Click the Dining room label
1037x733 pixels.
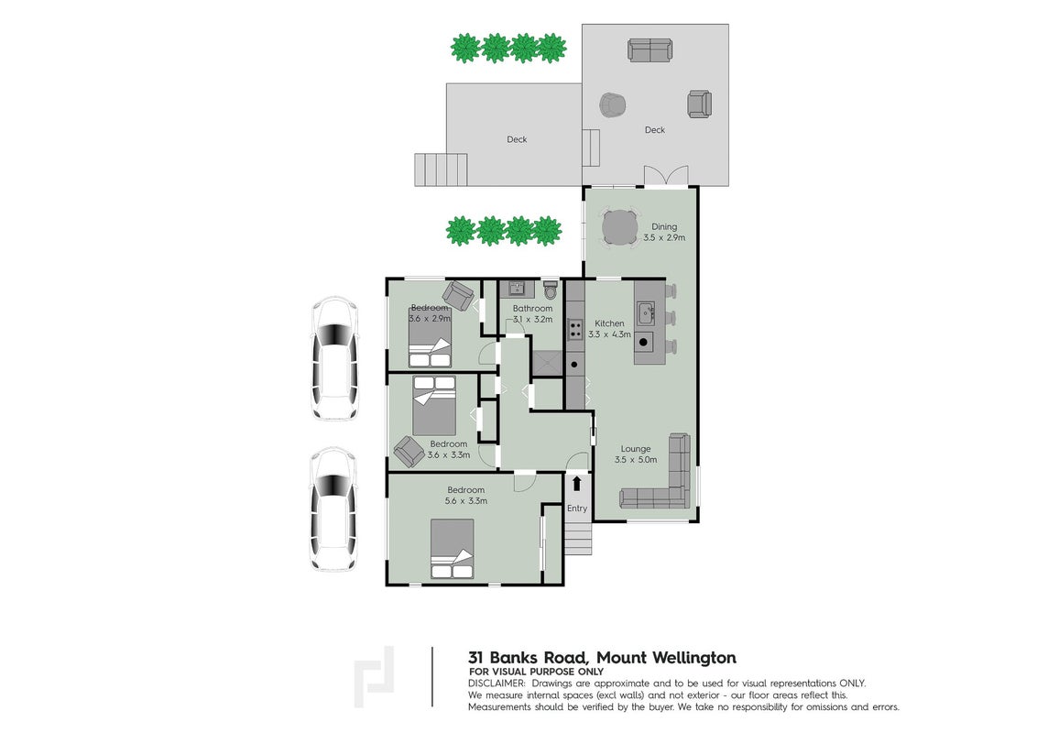coord(664,226)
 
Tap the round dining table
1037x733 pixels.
coord(620,227)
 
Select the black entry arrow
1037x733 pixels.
coord(577,483)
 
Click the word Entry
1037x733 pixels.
coord(577,509)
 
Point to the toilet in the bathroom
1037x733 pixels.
coord(550,290)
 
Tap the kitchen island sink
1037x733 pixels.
coord(646,312)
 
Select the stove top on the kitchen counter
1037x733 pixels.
coord(574,329)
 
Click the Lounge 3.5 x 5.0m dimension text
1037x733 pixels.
coord(636,459)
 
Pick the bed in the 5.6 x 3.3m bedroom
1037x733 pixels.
coord(453,549)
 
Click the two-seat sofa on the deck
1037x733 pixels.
coord(650,50)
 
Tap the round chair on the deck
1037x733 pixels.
coord(613,104)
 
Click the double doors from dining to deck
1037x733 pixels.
coord(667,176)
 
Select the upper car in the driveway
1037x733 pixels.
coord(335,359)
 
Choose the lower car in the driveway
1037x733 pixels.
coord(334,509)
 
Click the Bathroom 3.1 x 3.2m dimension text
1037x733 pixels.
coord(532,319)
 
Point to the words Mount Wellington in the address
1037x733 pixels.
coord(666,658)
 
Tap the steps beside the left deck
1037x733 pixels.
coord(442,170)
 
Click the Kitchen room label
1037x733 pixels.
coord(609,323)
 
